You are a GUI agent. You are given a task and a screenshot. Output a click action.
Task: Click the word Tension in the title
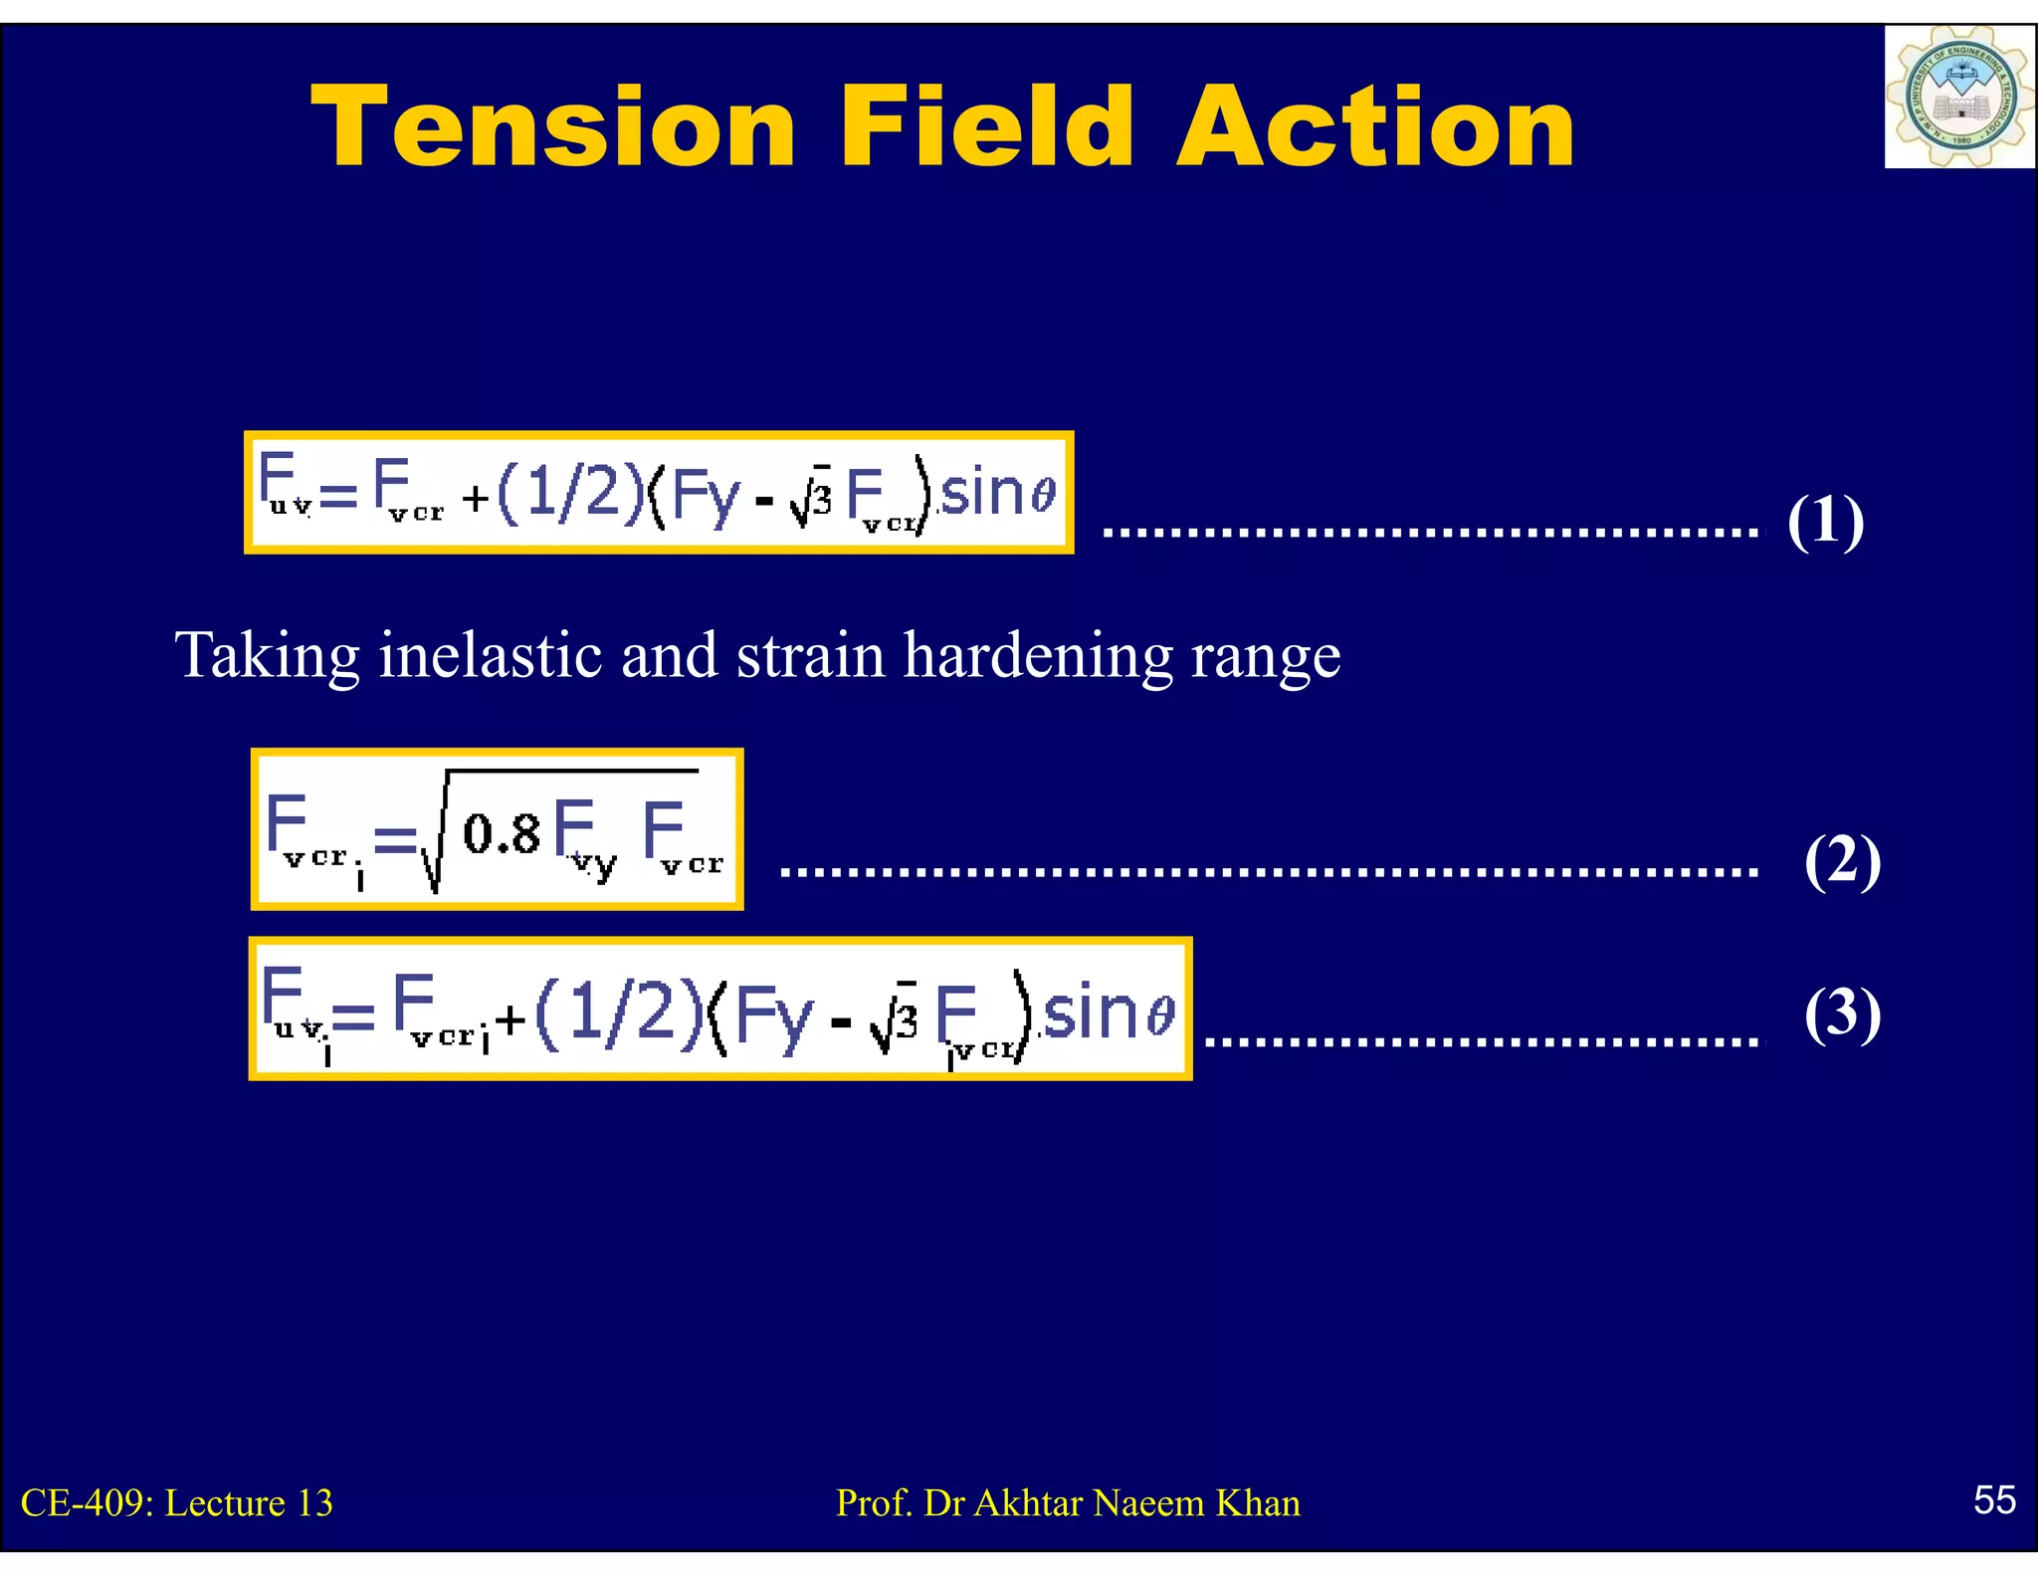click(553, 127)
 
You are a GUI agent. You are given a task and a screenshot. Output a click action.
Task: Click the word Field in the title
click(986, 127)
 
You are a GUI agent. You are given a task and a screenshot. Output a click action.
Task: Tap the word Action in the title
click(1375, 127)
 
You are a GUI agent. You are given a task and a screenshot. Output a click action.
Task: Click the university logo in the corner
click(1958, 97)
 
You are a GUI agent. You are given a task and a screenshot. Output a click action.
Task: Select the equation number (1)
click(1825, 521)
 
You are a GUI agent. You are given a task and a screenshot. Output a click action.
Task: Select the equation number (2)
click(1842, 861)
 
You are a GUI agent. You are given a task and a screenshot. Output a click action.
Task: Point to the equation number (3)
click(1842, 1013)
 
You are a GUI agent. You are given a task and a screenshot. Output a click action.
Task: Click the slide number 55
click(1994, 1499)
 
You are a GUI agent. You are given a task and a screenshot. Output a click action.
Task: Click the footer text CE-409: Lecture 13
click(177, 1503)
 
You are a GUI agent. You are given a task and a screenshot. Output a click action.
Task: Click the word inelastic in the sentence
click(491, 656)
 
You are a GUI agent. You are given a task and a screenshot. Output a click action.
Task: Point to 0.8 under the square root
click(503, 834)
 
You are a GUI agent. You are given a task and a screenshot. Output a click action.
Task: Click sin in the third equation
click(1088, 1012)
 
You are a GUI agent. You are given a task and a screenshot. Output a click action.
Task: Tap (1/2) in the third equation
click(619, 1014)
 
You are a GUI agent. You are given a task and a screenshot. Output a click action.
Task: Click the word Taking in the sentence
click(267, 656)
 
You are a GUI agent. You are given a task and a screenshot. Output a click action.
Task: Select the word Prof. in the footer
click(874, 1503)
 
